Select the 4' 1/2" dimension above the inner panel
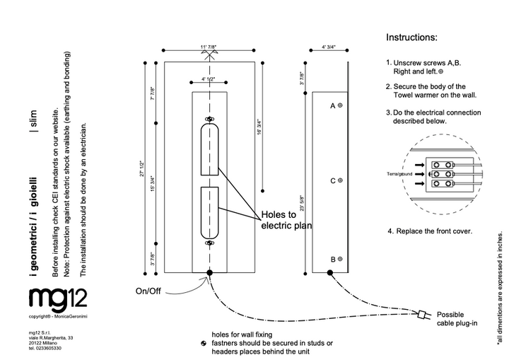pyautogui.click(x=209, y=79)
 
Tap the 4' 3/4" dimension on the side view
pyautogui.click(x=328, y=47)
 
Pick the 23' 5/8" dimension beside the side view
pyautogui.click(x=303, y=204)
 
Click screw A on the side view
pyautogui.click(x=339, y=105)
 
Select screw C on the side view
pyautogui.click(x=339, y=180)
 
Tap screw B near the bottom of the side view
pyautogui.click(x=339, y=259)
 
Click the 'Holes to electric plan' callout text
pyautogui.click(x=286, y=220)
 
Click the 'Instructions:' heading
pyautogui.click(x=412, y=37)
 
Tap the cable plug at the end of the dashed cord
pyautogui.click(x=423, y=314)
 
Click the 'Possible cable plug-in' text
pyautogui.click(x=460, y=320)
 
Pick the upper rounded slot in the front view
pyautogui.click(x=209, y=149)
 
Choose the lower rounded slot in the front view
pyautogui.click(x=209, y=212)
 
